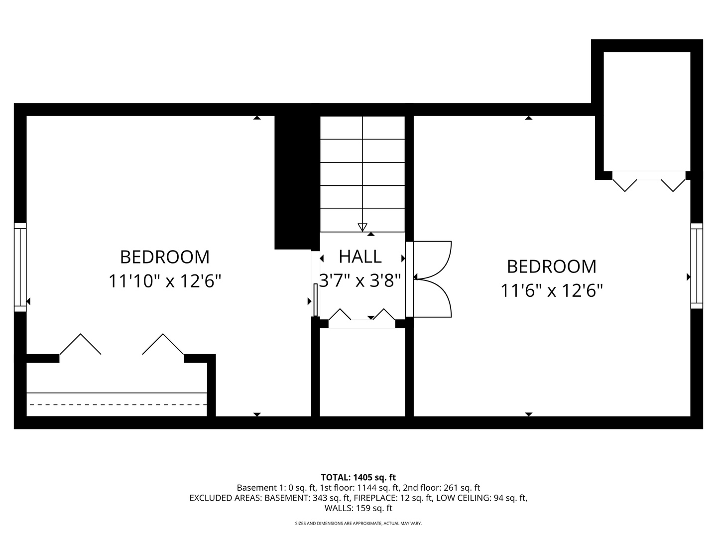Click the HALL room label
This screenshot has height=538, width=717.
pos(360,257)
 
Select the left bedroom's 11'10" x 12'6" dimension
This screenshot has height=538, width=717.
pos(165,281)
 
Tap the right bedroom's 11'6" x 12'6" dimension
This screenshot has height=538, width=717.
pos(552,290)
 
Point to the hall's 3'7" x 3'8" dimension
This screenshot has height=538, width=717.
pos(360,281)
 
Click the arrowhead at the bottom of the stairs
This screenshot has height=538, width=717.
pos(362,227)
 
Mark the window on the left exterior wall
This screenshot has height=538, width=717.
pos(20,267)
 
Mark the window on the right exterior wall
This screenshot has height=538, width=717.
pos(697,266)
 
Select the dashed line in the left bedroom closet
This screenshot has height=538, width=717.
pos(118,404)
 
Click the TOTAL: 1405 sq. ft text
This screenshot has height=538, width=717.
pos(358,477)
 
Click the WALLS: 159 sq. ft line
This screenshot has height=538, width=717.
pos(358,509)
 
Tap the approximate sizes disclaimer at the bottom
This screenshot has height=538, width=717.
pos(358,524)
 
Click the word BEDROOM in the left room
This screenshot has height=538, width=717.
pos(165,257)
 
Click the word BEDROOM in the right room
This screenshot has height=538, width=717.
pos(552,267)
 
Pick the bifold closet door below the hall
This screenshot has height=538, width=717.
pos(362,316)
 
